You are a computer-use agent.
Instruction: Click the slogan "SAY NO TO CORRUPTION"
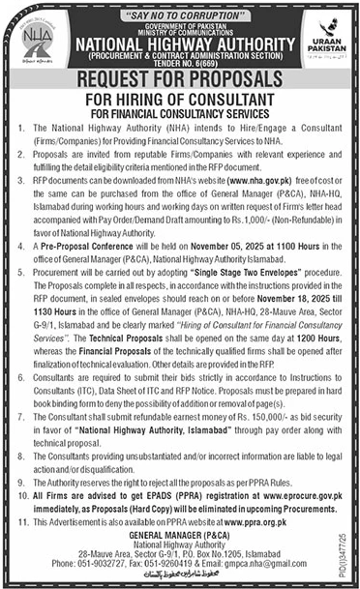(180, 16)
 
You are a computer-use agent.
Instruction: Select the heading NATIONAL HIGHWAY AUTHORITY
(180, 43)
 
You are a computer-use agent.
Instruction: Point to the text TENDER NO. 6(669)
(180, 64)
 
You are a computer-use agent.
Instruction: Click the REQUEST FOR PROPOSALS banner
(180, 82)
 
